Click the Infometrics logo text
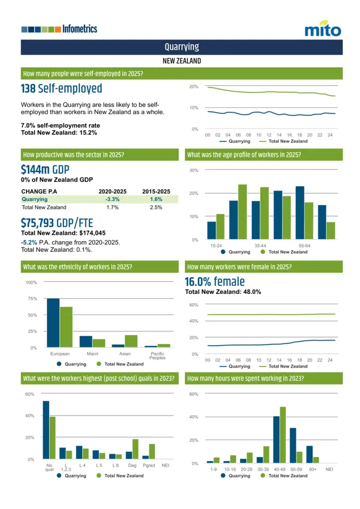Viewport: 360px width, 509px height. [79, 29]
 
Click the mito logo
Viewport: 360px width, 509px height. [322, 29]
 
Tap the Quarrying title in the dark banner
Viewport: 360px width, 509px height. [181, 47]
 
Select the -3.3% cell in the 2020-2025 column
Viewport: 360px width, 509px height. [112, 199]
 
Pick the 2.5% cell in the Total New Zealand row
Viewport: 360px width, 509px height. [156, 207]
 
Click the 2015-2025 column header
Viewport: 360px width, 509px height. [156, 191]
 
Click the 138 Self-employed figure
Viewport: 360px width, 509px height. [61, 89]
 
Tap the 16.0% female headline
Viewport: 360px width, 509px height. [214, 282]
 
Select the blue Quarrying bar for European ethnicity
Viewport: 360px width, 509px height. [53, 323]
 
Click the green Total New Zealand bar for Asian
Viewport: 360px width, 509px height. [131, 341]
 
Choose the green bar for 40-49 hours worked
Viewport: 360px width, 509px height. [283, 434]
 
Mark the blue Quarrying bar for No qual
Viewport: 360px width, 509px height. [46, 430]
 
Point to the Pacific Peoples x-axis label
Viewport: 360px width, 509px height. [157, 356]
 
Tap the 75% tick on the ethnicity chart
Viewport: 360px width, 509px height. [31, 299]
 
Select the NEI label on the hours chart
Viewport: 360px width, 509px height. [329, 469]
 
